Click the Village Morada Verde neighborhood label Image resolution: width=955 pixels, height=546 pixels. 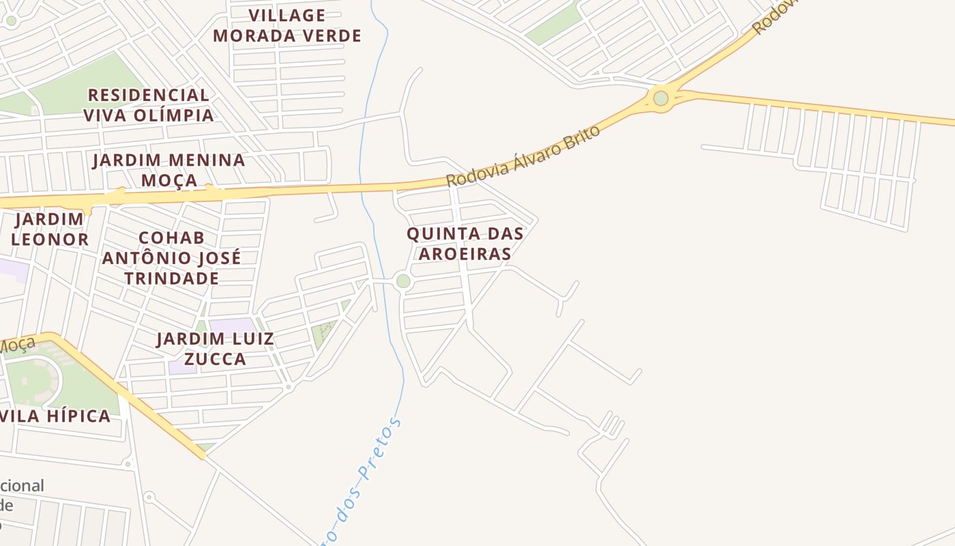point(287,25)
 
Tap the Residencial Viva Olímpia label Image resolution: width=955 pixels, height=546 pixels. point(148,104)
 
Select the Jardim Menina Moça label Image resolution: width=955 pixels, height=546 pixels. point(168,170)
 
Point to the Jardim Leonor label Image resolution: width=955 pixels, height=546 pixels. point(50,229)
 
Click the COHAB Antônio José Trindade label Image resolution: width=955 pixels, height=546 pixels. point(171,258)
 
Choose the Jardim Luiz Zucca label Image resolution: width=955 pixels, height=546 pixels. point(215,349)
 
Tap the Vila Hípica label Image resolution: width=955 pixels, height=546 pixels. point(56,416)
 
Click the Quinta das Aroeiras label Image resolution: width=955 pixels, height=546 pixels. point(465,244)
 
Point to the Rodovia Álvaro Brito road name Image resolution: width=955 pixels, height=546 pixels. point(523,156)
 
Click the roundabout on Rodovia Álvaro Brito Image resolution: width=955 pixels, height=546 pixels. point(660,98)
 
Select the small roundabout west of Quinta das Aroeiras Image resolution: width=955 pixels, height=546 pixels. point(403,281)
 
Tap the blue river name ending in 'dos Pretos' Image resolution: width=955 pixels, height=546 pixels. point(362,478)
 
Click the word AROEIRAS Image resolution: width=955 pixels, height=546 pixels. point(465,254)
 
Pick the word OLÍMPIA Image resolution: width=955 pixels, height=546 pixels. point(174,115)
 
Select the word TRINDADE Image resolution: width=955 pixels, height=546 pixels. point(171,278)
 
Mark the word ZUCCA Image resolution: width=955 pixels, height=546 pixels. point(215,359)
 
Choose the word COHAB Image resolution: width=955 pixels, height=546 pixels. point(171,238)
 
